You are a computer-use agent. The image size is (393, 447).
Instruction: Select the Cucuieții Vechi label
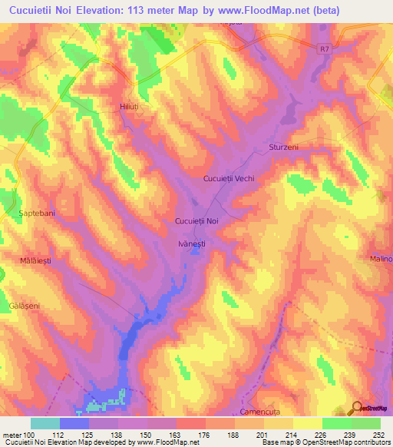228,178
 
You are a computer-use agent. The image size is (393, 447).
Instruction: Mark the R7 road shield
326,48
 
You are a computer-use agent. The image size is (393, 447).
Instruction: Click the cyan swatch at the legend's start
45,422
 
